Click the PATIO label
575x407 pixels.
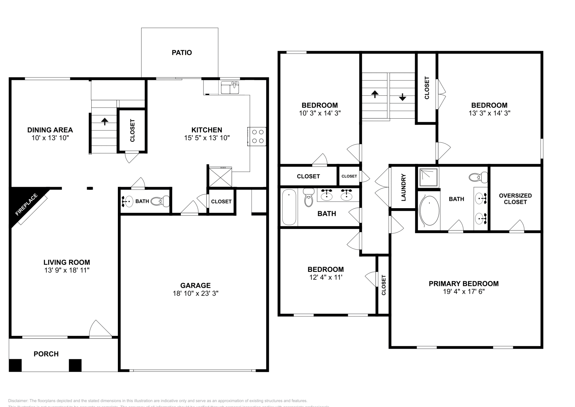(x=181, y=52)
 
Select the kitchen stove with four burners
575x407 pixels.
(x=257, y=136)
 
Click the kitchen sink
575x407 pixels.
(x=230, y=87)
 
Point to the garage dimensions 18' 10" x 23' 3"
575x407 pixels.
(x=195, y=293)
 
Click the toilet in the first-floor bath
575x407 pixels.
(x=160, y=201)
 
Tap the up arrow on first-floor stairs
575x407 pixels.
(x=105, y=121)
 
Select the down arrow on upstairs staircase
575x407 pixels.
(x=402, y=97)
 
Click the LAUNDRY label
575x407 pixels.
(x=403, y=187)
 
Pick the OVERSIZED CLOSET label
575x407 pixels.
(x=515, y=198)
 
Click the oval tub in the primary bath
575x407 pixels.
(x=429, y=210)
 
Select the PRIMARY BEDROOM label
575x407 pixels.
(x=464, y=284)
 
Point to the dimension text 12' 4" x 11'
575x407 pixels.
(x=325, y=277)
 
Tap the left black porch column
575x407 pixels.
(x=15, y=365)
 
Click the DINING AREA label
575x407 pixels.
(x=50, y=130)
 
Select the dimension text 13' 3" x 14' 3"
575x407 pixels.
(x=489, y=113)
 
